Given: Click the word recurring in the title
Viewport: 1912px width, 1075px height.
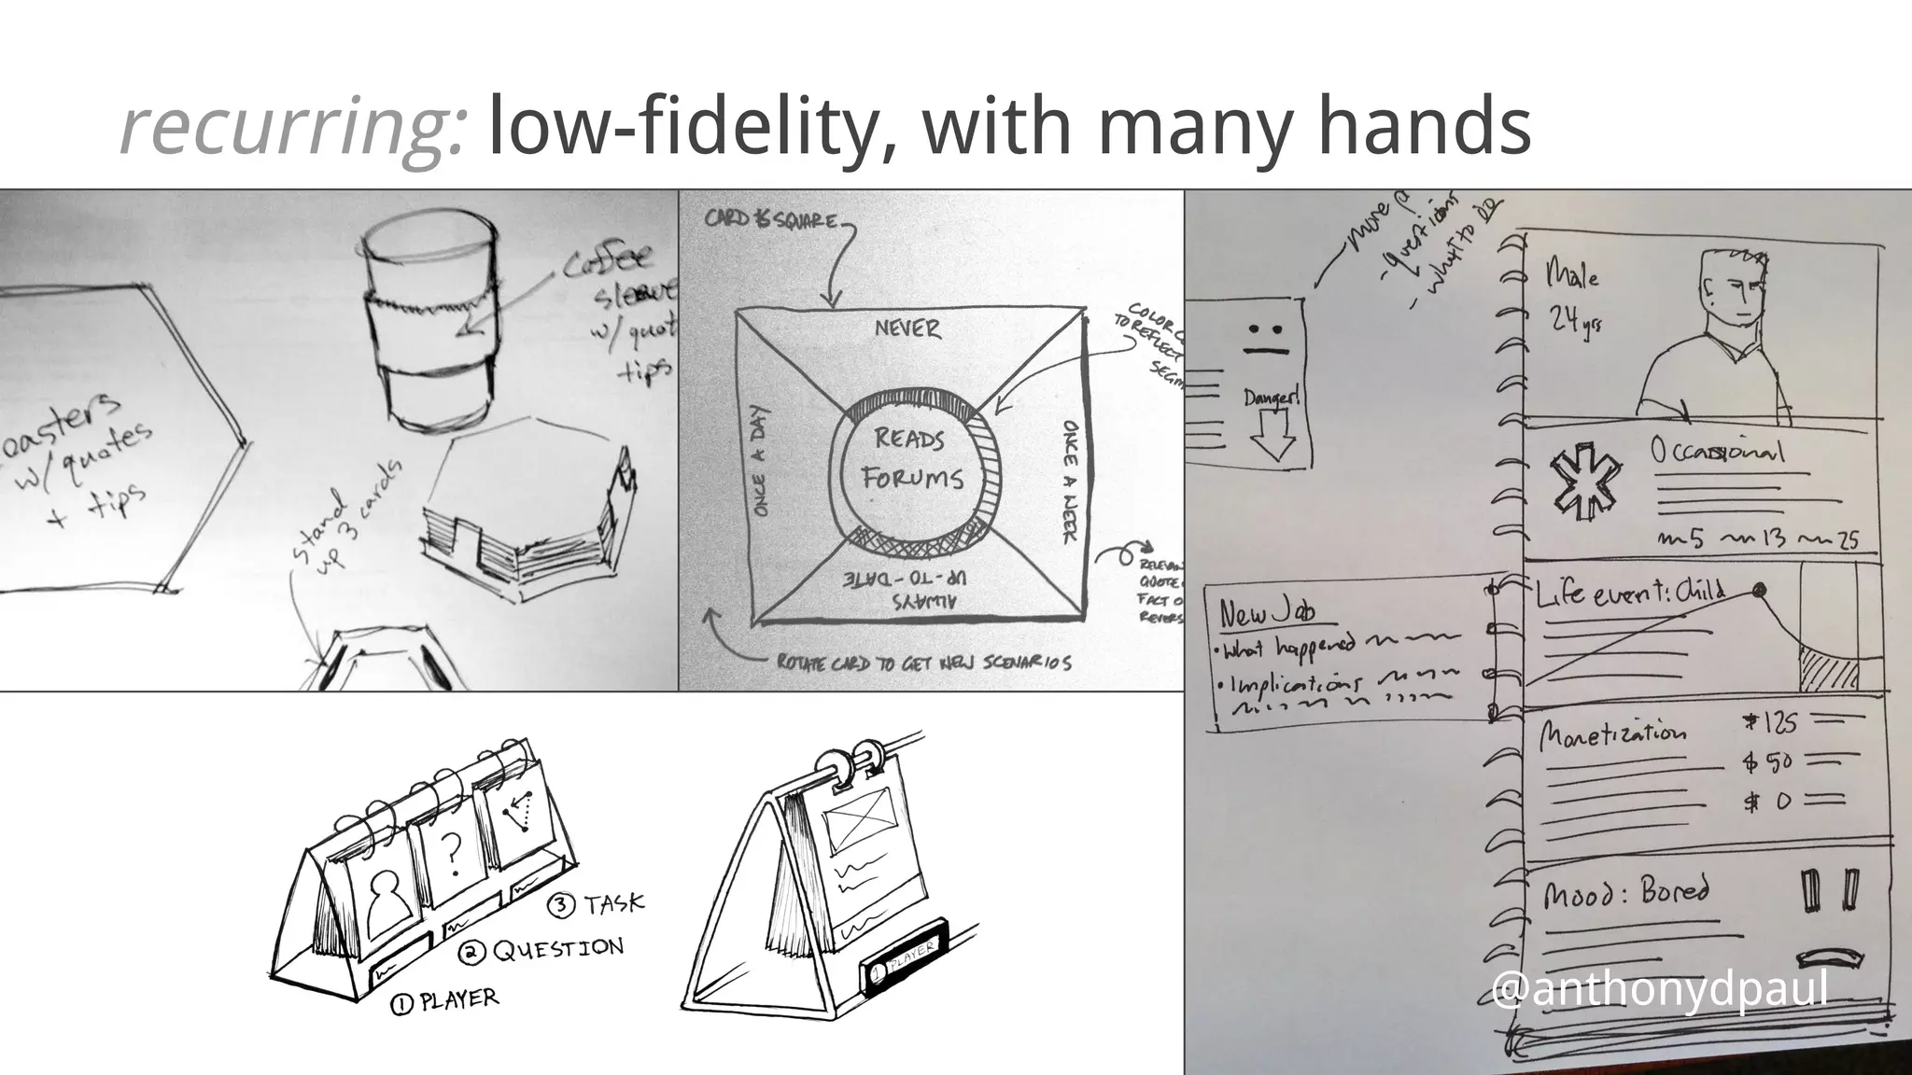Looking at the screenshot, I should pyautogui.click(x=291, y=128).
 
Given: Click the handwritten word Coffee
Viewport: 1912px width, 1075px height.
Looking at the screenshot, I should pyautogui.click(x=608, y=260).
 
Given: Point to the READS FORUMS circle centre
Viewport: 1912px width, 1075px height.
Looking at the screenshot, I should pyautogui.click(x=910, y=459).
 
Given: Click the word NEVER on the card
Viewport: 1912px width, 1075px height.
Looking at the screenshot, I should pyautogui.click(x=907, y=328).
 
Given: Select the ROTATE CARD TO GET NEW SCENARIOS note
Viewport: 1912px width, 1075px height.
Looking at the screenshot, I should pyautogui.click(x=924, y=663).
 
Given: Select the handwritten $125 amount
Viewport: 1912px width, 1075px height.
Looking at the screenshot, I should pyautogui.click(x=1769, y=723).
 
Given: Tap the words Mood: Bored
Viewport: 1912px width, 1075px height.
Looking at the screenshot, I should pyautogui.click(x=1624, y=893).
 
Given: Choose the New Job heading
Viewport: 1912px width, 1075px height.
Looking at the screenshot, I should pyautogui.click(x=1267, y=611).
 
